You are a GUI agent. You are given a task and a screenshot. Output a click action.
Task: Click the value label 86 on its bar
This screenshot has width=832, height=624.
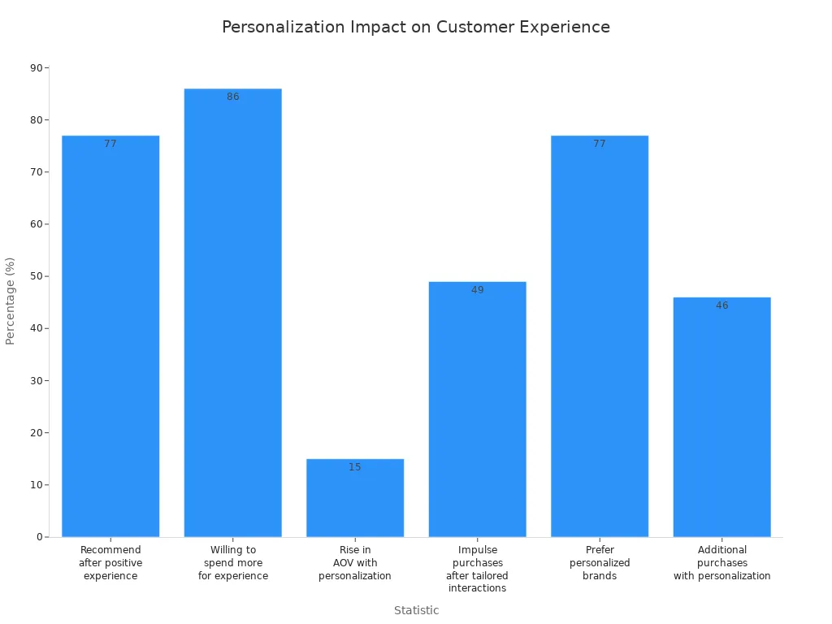click(233, 97)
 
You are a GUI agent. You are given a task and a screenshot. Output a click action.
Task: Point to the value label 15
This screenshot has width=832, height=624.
click(355, 467)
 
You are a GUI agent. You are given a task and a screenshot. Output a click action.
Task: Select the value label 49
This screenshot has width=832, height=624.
click(477, 290)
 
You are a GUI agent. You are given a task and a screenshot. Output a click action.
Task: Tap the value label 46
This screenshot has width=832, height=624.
click(721, 305)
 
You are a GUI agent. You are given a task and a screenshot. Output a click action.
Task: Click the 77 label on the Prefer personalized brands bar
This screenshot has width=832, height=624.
click(600, 144)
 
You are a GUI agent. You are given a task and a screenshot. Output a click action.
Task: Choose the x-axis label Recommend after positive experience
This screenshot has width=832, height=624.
click(110, 563)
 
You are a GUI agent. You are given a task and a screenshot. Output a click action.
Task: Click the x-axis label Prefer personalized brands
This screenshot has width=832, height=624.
click(600, 563)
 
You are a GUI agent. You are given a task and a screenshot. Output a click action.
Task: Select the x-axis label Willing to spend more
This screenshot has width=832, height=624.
click(233, 563)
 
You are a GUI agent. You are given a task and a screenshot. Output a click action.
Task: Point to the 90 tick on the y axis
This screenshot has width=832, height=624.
click(36, 68)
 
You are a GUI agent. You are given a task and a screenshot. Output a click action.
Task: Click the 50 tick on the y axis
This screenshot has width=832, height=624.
click(36, 276)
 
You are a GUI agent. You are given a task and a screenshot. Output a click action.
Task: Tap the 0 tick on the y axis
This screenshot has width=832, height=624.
click(39, 537)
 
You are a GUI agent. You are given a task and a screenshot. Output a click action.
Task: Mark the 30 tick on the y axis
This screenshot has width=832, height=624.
click(36, 381)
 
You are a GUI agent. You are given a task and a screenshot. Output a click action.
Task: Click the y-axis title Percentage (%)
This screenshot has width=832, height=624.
click(11, 301)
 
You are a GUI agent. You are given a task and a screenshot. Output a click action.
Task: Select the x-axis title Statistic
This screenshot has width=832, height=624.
click(416, 610)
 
